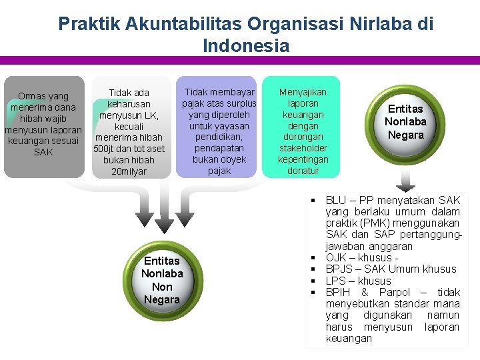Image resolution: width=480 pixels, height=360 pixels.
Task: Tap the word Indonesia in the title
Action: pos(246,46)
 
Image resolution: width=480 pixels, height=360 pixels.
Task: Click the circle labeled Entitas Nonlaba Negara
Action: pos(405,121)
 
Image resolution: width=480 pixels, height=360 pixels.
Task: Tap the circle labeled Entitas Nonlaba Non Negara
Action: pos(161,280)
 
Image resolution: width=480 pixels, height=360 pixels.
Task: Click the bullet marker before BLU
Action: pos(312,200)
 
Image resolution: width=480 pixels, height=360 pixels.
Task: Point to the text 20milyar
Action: pos(129,171)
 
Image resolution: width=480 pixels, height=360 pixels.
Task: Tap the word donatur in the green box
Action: pos(303,171)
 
